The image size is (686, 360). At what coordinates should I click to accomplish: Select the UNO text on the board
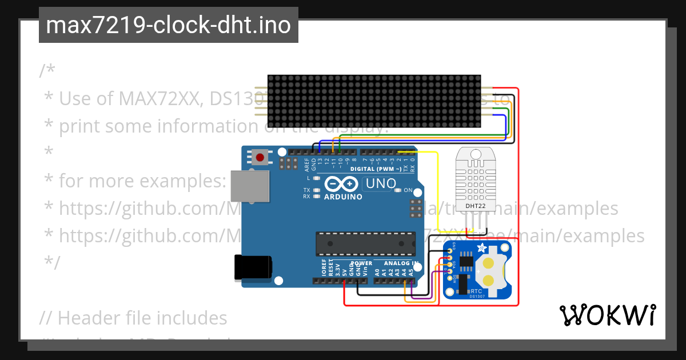(x=380, y=183)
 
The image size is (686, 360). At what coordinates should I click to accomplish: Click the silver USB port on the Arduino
(x=249, y=186)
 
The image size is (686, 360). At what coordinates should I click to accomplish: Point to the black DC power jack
(x=252, y=267)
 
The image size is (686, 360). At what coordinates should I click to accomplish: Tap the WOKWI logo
(x=607, y=315)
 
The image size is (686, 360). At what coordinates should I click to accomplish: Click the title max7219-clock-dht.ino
(x=168, y=25)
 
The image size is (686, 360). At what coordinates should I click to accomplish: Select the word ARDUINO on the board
(x=343, y=197)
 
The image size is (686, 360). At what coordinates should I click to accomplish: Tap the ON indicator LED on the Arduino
(x=398, y=190)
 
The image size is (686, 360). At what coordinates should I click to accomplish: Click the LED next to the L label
(x=316, y=178)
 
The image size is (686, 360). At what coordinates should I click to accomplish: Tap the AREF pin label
(x=306, y=165)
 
